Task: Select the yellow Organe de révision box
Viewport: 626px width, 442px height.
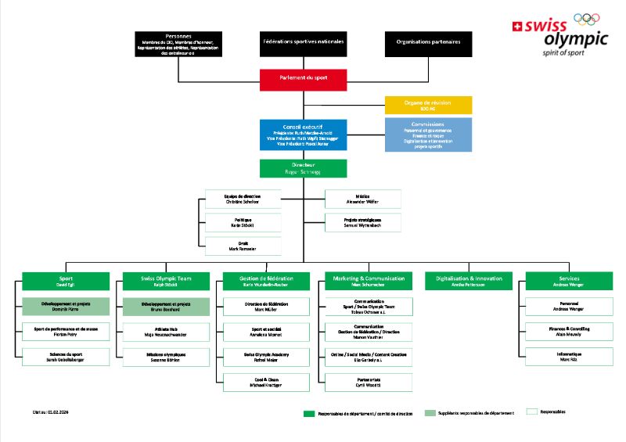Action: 428,105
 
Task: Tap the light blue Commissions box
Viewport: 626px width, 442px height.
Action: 428,134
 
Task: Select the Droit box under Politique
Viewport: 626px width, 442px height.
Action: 242,246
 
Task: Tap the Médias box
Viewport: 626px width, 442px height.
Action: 362,199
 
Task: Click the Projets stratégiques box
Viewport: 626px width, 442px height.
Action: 362,223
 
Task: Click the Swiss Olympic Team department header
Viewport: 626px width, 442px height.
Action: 166,281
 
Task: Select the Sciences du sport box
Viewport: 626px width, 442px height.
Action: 65,357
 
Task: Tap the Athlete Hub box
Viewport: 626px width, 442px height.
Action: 166,332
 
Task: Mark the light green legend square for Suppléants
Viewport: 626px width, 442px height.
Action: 429,412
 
